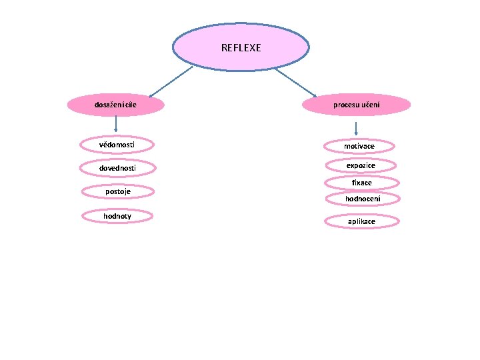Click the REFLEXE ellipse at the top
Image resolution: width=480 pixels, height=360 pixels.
(241, 48)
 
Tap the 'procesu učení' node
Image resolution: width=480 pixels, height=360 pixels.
(357, 105)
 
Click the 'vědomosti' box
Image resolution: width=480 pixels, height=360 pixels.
(116, 144)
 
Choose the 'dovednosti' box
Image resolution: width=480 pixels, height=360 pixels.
(117, 168)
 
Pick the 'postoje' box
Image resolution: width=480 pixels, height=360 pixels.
(117, 192)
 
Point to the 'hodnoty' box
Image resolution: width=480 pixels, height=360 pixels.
(117, 216)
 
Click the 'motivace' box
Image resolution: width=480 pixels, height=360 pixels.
(359, 146)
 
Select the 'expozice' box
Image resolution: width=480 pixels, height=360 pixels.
(361, 165)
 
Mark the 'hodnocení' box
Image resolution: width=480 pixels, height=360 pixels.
(363, 199)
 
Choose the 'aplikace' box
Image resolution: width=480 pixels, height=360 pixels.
(361, 221)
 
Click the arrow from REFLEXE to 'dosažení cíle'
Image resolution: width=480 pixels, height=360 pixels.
(170, 82)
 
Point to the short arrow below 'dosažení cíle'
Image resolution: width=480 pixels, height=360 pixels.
(116, 123)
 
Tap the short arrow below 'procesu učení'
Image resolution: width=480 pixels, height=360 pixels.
(357, 129)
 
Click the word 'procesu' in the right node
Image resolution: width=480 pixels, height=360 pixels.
(347, 105)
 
